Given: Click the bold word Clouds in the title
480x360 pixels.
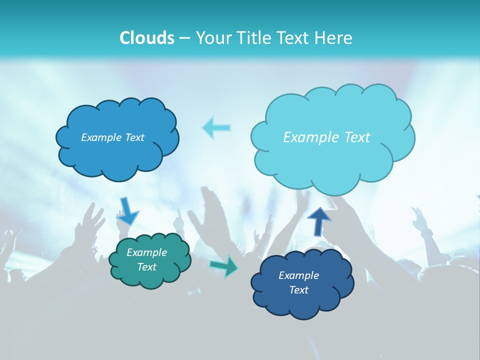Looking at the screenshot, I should point(147,38).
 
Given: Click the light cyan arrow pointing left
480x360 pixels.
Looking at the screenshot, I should point(216,127).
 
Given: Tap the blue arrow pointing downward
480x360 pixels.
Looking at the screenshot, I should point(127,211).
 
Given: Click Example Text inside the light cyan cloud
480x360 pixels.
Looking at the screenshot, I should point(326,137).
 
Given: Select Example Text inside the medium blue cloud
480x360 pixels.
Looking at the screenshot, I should point(112,137).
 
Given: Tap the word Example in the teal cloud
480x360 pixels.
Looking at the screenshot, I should point(146,252).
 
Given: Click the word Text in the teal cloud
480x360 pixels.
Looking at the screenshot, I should point(146,267).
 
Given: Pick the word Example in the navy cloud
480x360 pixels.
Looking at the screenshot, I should point(298,275).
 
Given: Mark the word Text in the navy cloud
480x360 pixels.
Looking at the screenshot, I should point(298,290).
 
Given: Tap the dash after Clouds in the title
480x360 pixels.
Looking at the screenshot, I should point(184,38).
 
